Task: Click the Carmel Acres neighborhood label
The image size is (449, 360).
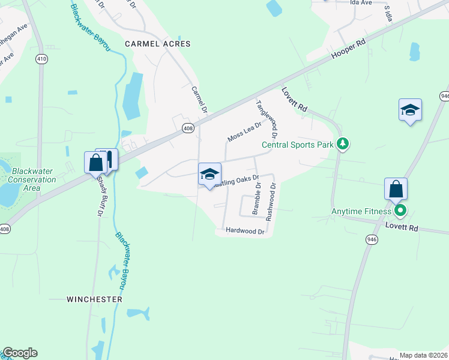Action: [157, 44]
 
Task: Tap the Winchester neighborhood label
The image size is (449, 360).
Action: [94, 299]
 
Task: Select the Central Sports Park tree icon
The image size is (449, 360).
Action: [343, 144]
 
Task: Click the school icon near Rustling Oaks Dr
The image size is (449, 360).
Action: [209, 175]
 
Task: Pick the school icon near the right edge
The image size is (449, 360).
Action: [410, 110]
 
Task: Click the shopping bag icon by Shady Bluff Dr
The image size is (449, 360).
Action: [96, 162]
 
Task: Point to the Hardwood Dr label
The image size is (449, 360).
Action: [244, 231]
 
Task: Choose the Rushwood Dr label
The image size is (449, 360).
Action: [271, 202]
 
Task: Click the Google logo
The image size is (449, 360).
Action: [20, 353]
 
